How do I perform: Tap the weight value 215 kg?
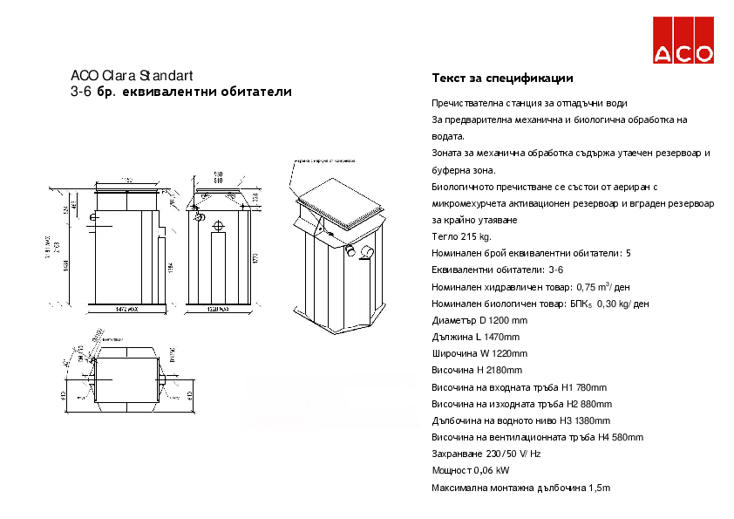[x=478, y=236]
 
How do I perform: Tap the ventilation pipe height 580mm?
[x=624, y=437]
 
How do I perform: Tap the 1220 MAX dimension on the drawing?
[x=218, y=310]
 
